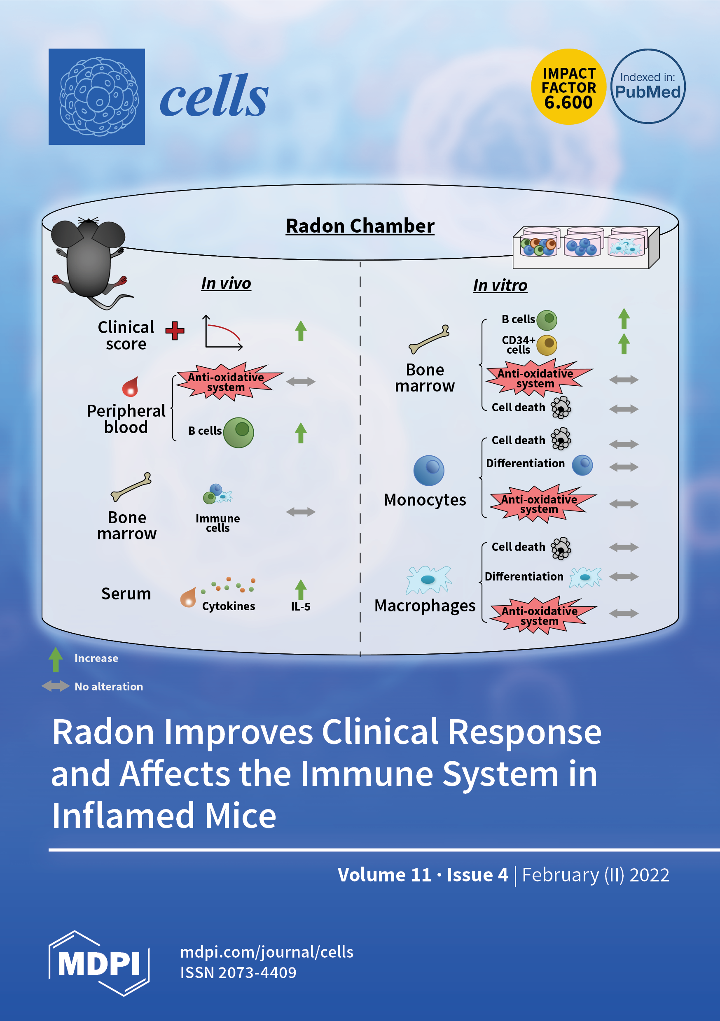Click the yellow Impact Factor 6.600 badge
pyautogui.click(x=568, y=87)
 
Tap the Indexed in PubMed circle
pyautogui.click(x=648, y=86)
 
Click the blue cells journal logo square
pyautogui.click(x=96, y=96)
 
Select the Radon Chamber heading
pyautogui.click(x=360, y=226)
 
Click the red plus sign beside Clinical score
pyautogui.click(x=175, y=331)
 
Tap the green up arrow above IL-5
pyautogui.click(x=301, y=590)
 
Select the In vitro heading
pyautogui.click(x=500, y=285)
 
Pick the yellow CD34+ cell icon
pyautogui.click(x=547, y=345)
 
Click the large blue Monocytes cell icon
pyautogui.click(x=428, y=470)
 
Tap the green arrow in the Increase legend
pyautogui.click(x=56, y=659)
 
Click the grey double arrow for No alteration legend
pyautogui.click(x=56, y=686)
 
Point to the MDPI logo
pyautogui.click(x=99, y=963)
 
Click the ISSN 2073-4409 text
pyautogui.click(x=238, y=972)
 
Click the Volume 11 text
pyautogui.click(x=384, y=875)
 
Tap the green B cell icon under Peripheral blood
pyautogui.click(x=238, y=432)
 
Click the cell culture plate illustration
pyautogui.click(x=586, y=247)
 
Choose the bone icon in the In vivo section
pyautogui.click(x=131, y=487)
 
